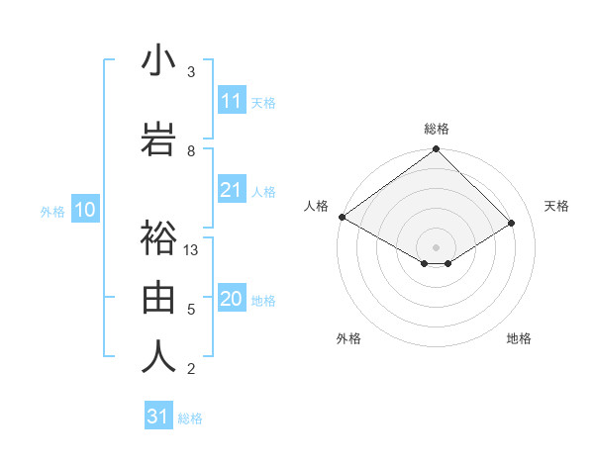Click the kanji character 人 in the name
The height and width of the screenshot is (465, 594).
click(159, 356)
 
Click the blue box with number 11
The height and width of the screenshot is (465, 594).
click(232, 101)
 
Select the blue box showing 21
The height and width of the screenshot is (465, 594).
click(232, 190)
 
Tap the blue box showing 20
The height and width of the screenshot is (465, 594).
click(232, 300)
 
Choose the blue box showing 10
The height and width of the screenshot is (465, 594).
click(84, 210)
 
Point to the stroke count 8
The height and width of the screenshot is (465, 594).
click(191, 150)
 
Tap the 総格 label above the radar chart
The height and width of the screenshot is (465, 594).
click(437, 129)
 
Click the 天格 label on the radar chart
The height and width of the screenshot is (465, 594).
click(557, 206)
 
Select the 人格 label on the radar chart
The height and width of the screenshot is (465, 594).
click(317, 206)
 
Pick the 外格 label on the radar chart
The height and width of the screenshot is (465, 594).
click(347, 338)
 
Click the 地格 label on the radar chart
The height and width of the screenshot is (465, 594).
click(519, 338)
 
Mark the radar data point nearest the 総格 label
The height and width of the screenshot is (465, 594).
click(436, 150)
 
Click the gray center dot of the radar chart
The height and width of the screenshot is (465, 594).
click(436, 246)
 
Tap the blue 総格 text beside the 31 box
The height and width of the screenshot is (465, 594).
click(190, 418)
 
